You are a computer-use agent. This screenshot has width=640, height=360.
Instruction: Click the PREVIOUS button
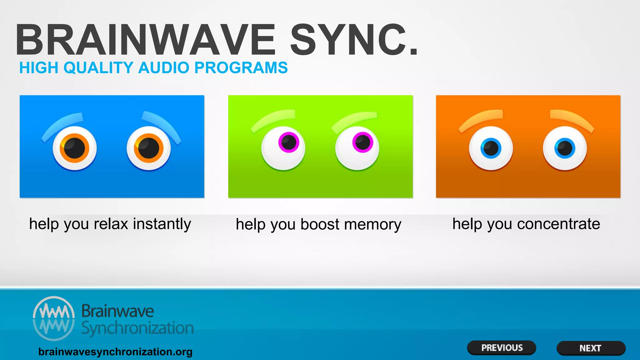click(502, 348)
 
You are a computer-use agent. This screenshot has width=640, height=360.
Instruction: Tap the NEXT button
click(591, 348)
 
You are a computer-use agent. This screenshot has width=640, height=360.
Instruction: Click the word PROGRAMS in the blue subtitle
click(241, 68)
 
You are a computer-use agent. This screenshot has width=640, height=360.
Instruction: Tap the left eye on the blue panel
click(75, 148)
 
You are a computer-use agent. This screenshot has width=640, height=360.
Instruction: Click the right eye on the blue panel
click(149, 148)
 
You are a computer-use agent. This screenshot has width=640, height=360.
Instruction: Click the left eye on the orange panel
click(491, 148)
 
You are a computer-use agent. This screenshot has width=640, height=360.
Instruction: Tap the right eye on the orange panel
click(565, 148)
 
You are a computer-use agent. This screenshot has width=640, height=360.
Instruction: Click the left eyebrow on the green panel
click(273, 120)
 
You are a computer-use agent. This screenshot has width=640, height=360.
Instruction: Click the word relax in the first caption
click(111, 224)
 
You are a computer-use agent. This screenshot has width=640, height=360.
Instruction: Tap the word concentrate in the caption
click(558, 224)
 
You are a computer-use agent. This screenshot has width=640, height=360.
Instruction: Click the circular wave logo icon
click(54, 318)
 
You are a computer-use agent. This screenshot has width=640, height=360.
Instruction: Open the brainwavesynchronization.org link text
click(115, 352)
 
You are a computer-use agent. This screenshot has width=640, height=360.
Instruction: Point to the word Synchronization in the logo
click(137, 328)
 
